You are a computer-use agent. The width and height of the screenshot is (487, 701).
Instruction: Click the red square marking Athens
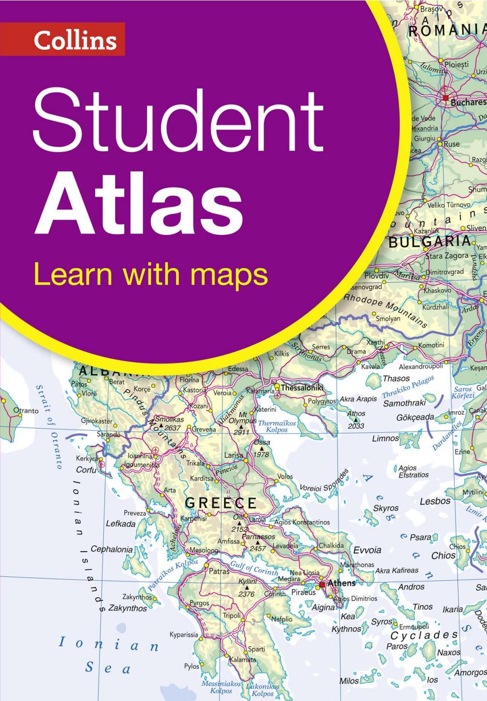coord(322,585)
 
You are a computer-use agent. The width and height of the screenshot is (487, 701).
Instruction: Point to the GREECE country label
coord(221,503)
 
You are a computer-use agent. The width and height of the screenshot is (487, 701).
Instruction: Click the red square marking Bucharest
coord(445,98)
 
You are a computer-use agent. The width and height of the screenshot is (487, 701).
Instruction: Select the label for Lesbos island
coord(435,501)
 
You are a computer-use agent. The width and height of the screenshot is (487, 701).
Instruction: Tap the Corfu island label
coord(86,470)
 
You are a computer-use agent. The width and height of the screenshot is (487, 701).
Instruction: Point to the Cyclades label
coord(424,635)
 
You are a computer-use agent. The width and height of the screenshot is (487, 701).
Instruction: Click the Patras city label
coord(219,571)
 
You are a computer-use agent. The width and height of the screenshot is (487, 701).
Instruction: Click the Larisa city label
coord(233,455)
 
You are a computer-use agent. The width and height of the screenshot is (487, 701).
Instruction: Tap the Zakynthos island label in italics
coord(127,608)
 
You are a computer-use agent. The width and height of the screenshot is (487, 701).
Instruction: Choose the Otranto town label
coord(26,411)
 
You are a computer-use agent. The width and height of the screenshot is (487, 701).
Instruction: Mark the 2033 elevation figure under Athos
coord(356,426)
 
